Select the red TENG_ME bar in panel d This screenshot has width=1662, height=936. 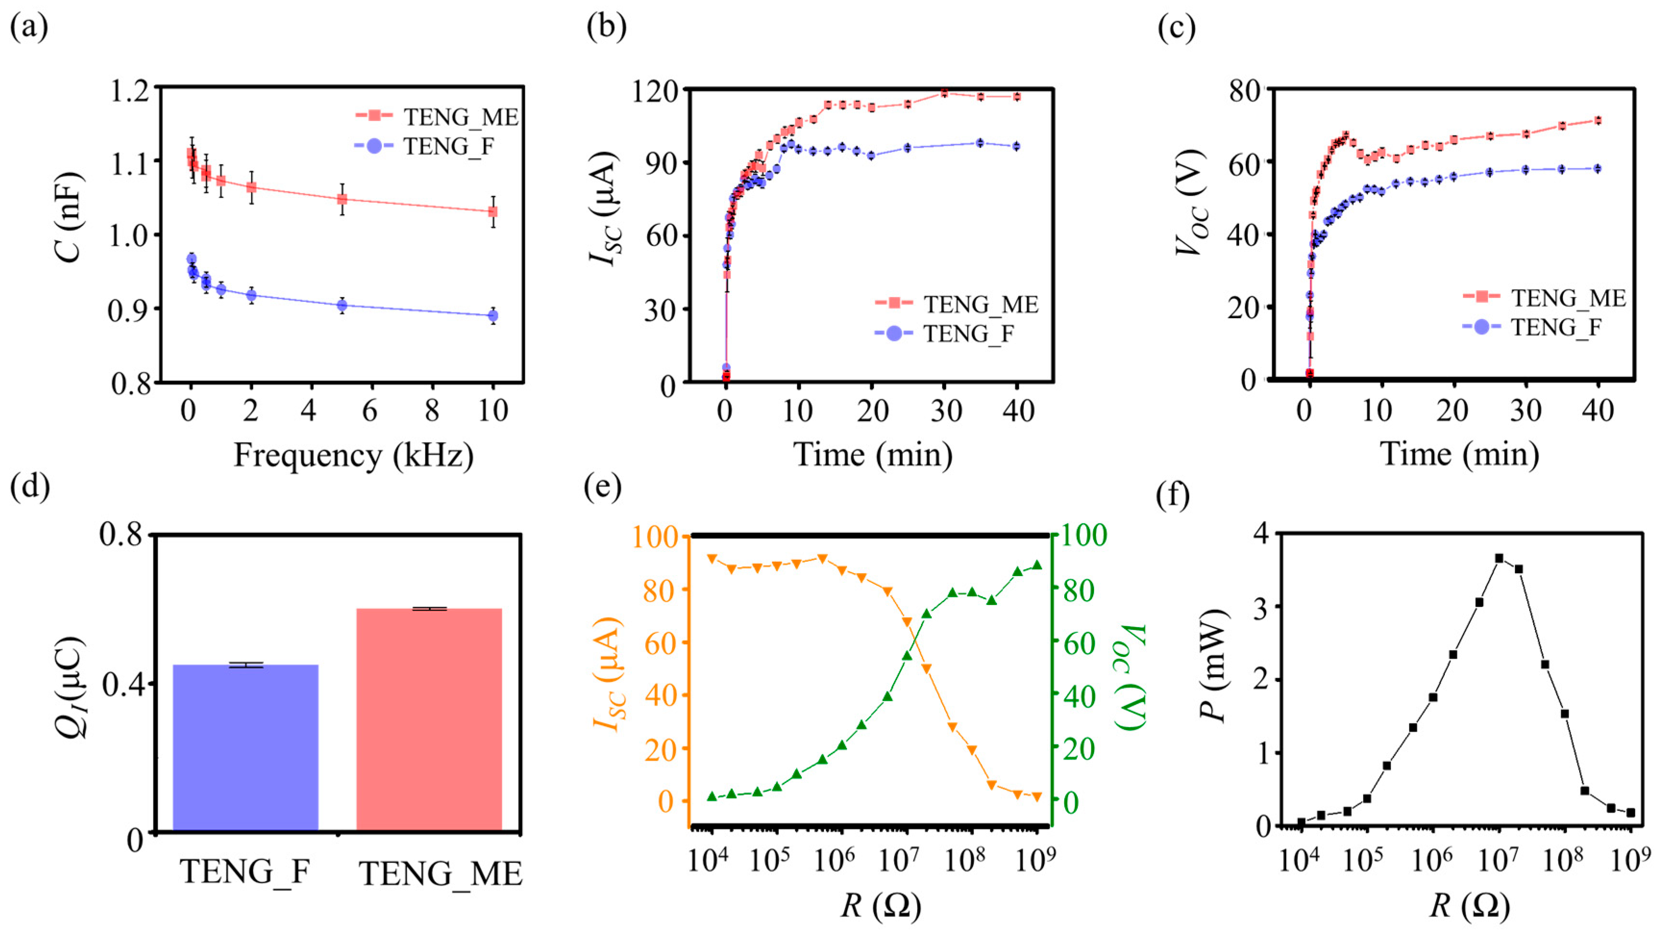429,719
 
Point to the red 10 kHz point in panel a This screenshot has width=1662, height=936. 493,211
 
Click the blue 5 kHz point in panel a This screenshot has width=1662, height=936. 342,305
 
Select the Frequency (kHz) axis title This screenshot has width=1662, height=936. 353,456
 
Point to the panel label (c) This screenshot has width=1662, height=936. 1176,29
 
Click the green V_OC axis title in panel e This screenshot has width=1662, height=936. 1131,677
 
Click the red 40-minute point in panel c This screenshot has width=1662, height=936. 1598,120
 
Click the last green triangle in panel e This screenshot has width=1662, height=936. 1037,565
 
